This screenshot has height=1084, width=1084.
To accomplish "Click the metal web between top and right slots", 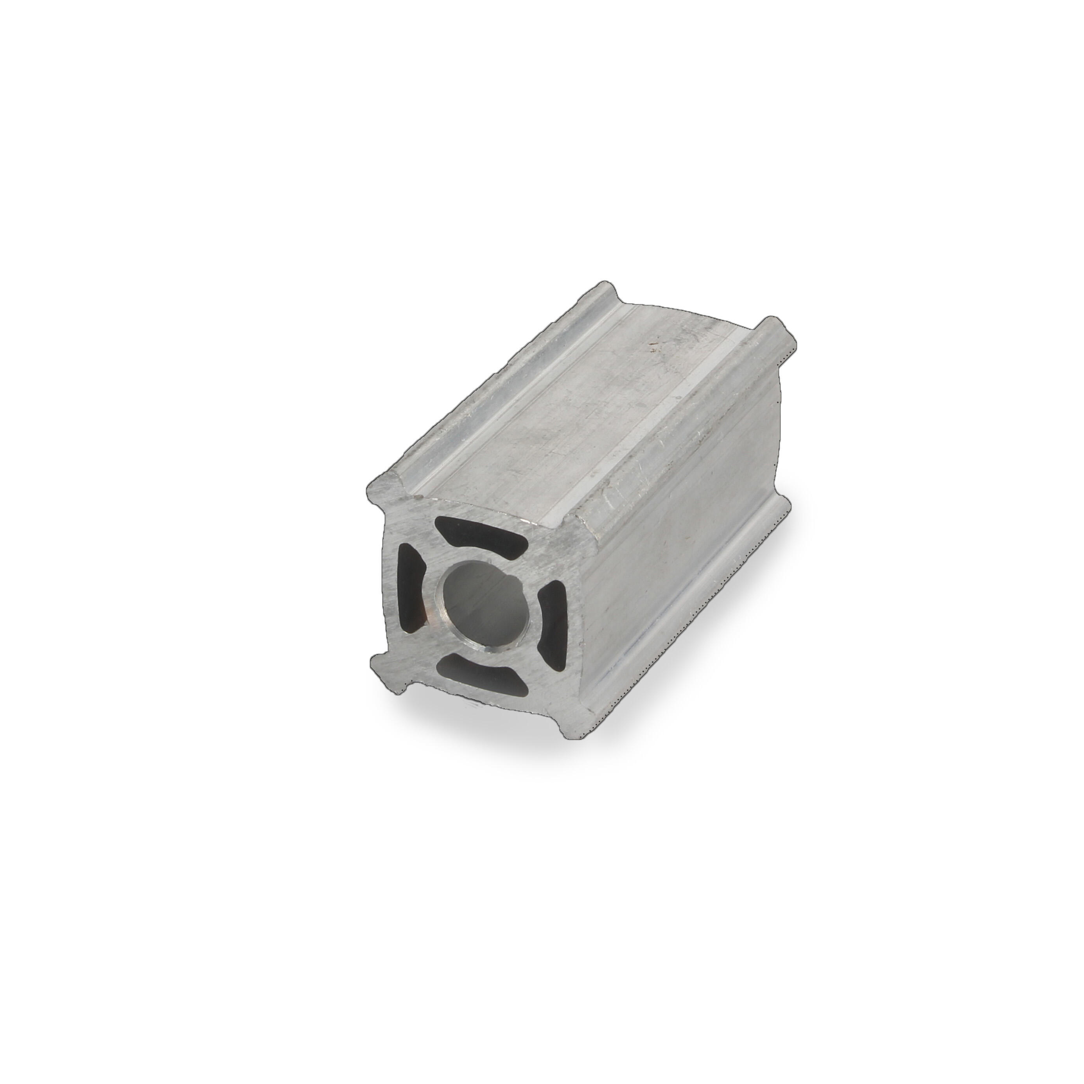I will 538,567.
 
